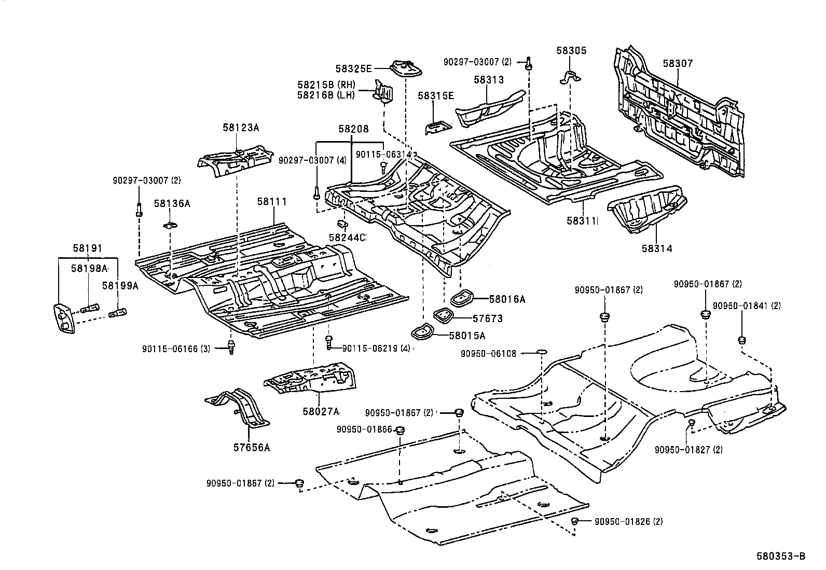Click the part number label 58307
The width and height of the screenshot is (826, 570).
pyautogui.click(x=678, y=63)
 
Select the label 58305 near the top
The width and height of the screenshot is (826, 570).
pyautogui.click(x=571, y=50)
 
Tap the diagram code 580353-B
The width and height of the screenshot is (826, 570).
pyautogui.click(x=780, y=557)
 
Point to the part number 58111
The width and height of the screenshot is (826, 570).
pyautogui.click(x=272, y=201)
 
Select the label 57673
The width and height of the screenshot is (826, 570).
pyautogui.click(x=487, y=318)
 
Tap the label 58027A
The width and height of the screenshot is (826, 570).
pyautogui.click(x=321, y=411)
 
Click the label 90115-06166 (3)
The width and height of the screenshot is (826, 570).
pyautogui.click(x=176, y=349)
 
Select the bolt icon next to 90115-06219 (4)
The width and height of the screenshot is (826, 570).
pyautogui.click(x=328, y=341)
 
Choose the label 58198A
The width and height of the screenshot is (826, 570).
pyautogui.click(x=89, y=268)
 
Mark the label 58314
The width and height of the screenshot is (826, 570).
pyautogui.click(x=656, y=248)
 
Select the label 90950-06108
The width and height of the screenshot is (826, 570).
pyautogui.click(x=488, y=354)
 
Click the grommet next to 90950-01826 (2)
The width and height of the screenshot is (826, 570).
pyautogui.click(x=574, y=521)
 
